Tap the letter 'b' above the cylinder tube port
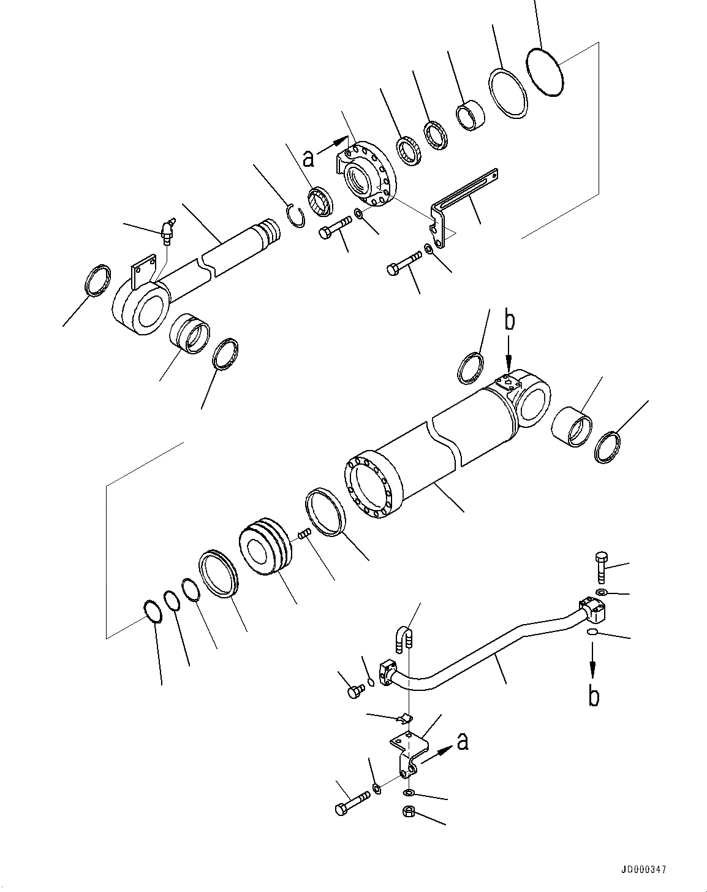pyautogui.click(x=509, y=321)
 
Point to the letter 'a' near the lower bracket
pyautogui.click(x=463, y=742)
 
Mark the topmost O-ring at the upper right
pyautogui.click(x=545, y=72)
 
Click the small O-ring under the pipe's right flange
pyautogui.click(x=592, y=632)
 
